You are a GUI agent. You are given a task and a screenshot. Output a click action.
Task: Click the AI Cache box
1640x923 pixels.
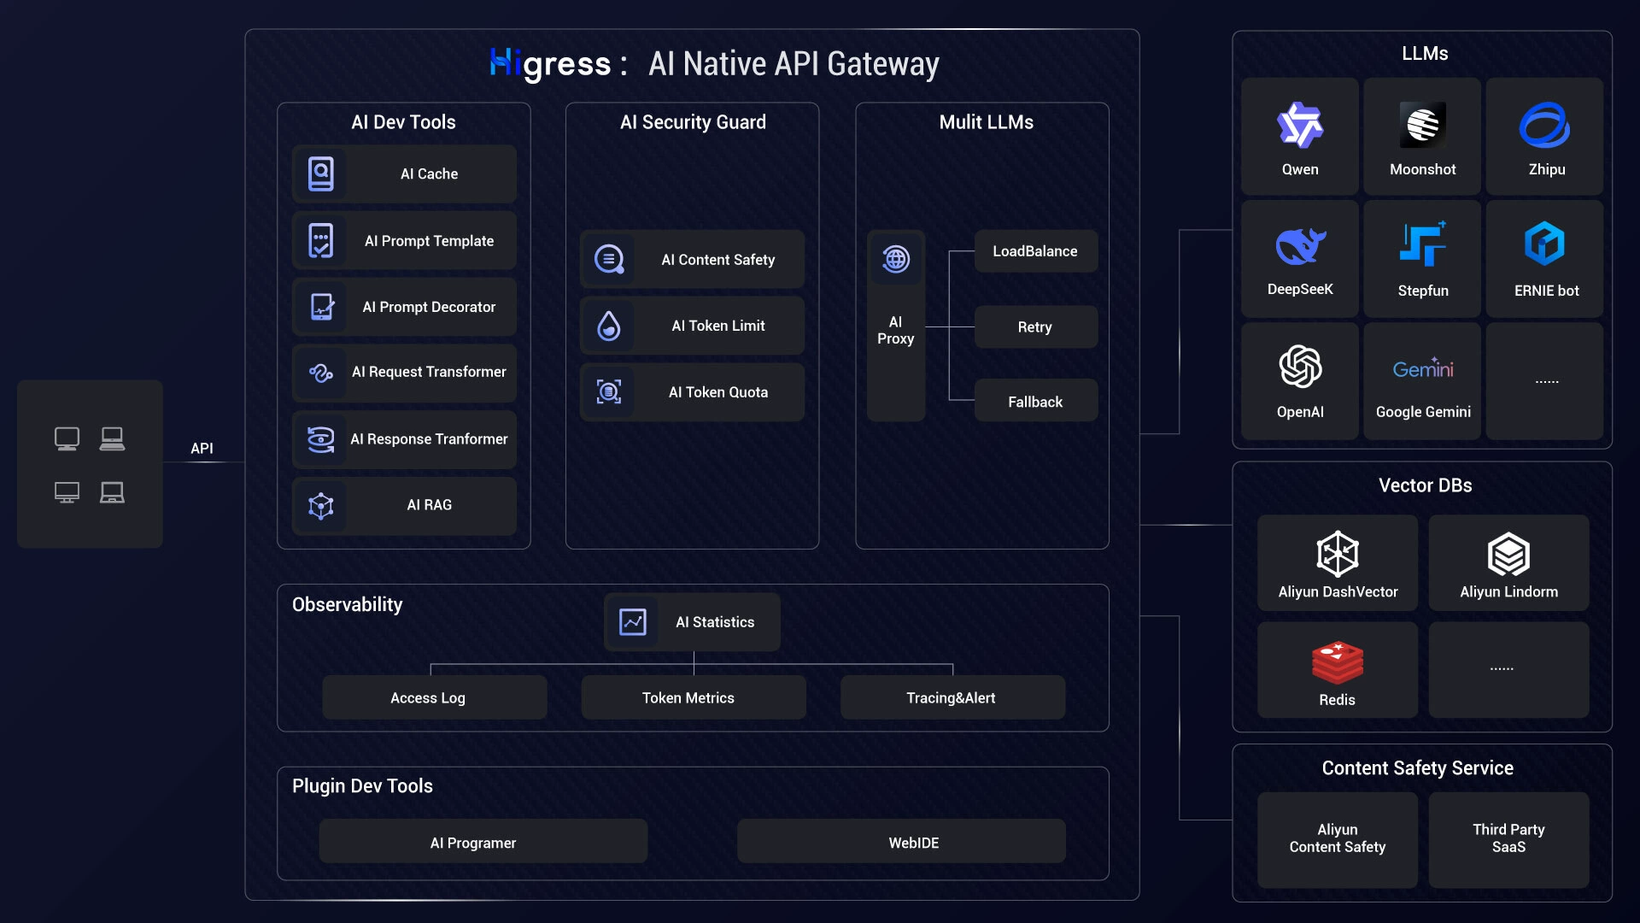tap(404, 173)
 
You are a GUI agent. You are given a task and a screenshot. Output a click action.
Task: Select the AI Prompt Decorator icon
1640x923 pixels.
tap(321, 307)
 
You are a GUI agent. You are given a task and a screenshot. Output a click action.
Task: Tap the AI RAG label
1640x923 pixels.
tap(429, 505)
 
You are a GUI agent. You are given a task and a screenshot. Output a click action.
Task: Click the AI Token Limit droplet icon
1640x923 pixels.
tap(609, 326)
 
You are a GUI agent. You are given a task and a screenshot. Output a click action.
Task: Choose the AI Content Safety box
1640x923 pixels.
tap(692, 259)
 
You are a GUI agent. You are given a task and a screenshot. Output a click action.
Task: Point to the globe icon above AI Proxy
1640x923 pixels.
tap(896, 258)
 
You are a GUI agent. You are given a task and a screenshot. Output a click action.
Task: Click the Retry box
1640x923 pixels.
tap(1036, 326)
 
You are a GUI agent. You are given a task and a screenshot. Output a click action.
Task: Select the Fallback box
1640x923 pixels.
tap(1036, 401)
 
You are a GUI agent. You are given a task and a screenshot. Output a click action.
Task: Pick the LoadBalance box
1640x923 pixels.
tap(1036, 251)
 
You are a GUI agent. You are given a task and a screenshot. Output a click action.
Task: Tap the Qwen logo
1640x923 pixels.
tap(1300, 126)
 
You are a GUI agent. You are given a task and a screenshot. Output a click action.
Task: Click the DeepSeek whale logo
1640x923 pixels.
tap(1300, 245)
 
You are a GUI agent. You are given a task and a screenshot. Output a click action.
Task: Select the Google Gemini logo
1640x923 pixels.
tap(1423, 368)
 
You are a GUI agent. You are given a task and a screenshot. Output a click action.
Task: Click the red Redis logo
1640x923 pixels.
tap(1338, 662)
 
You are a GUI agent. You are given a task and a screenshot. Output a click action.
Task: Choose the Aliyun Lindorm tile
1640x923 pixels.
tap(1508, 562)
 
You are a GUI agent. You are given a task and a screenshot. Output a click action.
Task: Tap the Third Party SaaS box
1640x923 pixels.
tap(1508, 839)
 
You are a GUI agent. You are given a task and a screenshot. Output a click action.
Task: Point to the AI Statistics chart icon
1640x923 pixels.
tap(633, 621)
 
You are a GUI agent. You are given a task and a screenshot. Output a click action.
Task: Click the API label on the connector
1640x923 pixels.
tap(202, 448)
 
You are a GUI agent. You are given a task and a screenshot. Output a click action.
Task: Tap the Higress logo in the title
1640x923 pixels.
tap(550, 64)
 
